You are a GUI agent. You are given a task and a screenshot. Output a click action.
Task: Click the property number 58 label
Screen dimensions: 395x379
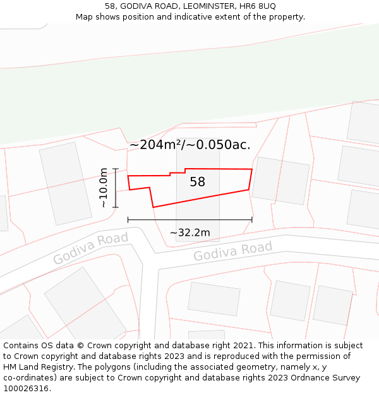198,182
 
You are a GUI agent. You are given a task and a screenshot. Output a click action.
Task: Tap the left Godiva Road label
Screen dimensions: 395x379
90,248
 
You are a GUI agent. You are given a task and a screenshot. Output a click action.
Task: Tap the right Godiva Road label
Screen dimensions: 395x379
232,251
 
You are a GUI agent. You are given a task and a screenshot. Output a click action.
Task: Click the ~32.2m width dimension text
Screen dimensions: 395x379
189,233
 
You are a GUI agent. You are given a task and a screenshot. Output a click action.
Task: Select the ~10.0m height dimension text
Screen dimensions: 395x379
104,188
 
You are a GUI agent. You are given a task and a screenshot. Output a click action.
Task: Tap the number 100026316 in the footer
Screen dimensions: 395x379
27,389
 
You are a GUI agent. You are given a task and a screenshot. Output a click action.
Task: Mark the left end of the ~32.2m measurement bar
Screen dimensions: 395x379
128,220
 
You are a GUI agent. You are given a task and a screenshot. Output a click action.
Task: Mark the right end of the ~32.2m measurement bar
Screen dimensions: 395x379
252,220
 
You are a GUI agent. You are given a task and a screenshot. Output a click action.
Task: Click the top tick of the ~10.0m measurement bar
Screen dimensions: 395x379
116,169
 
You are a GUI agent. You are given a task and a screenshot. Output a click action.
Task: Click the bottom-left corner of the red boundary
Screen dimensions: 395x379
153,207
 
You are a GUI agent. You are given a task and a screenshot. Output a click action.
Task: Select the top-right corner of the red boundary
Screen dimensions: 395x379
252,169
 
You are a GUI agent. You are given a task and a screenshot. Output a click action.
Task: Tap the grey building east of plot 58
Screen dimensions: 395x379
280,181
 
